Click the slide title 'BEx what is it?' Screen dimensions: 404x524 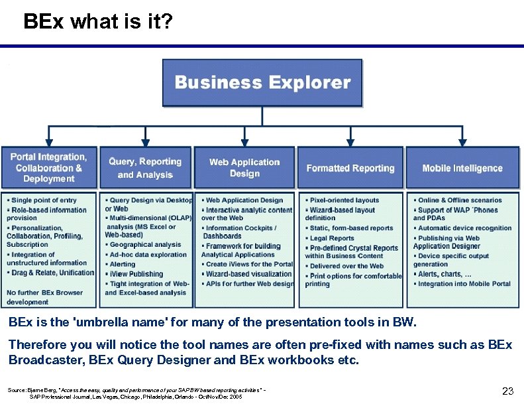tap(98, 23)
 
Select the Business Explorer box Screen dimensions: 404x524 tap(262, 83)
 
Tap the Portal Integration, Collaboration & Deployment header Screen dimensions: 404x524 tap(49, 168)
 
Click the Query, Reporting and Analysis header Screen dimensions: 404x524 tap(145, 168)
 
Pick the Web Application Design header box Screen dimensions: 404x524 tap(244, 168)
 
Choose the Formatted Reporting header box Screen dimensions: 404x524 tap(350, 168)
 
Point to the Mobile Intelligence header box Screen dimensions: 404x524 tap(462, 168)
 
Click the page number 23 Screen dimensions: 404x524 tap(508, 391)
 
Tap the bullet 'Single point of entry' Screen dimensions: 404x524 tap(44, 200)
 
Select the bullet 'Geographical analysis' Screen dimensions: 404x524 tap(145, 245)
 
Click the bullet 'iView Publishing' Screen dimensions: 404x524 tap(136, 274)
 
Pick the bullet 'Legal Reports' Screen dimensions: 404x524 tap(332, 238)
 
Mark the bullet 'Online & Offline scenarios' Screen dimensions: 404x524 tap(460, 200)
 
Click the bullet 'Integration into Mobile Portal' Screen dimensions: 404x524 tap(464, 284)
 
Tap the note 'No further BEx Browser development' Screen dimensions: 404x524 tap(44, 297)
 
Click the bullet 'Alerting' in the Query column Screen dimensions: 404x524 tap(123, 264)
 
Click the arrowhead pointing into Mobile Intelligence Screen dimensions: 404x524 tap(462, 142)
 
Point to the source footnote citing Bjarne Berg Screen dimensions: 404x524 tap(136, 392)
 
